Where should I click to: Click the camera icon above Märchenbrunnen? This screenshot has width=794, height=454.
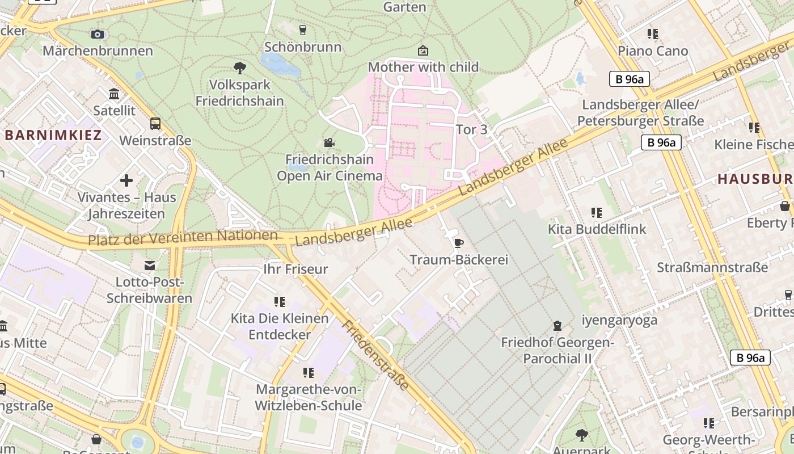pos(98,34)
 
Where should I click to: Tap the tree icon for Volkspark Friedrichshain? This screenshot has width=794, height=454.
pos(240,68)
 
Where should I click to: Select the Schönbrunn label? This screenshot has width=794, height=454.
pos(303,47)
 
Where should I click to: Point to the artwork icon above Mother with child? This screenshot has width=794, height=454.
pos(423,51)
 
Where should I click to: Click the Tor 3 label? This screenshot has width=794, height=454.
pos(471,129)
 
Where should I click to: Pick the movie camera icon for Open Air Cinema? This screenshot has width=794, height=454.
pos(329,142)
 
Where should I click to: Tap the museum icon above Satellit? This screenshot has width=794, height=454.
pos(114,94)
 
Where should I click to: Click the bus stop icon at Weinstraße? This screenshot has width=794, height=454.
pos(155,123)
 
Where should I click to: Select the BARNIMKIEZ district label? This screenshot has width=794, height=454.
pos(53,135)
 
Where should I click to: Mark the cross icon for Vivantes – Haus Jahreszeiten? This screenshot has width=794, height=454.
pos(126,180)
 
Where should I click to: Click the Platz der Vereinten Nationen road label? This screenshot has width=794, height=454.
pos(182,238)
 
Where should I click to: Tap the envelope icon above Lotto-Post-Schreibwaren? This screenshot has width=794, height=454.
pos(149,265)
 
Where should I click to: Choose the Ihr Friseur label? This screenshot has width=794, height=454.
pos(296,269)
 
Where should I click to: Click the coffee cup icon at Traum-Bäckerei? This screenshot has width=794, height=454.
pos(458,243)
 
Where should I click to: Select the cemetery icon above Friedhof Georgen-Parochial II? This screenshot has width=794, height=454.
pos(557,326)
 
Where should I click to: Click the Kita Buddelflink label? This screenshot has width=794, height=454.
pos(597,229)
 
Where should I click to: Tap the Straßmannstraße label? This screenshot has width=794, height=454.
pos(712,267)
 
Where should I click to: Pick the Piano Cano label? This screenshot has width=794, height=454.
pos(653,51)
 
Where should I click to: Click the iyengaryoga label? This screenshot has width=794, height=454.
pos(619,320)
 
